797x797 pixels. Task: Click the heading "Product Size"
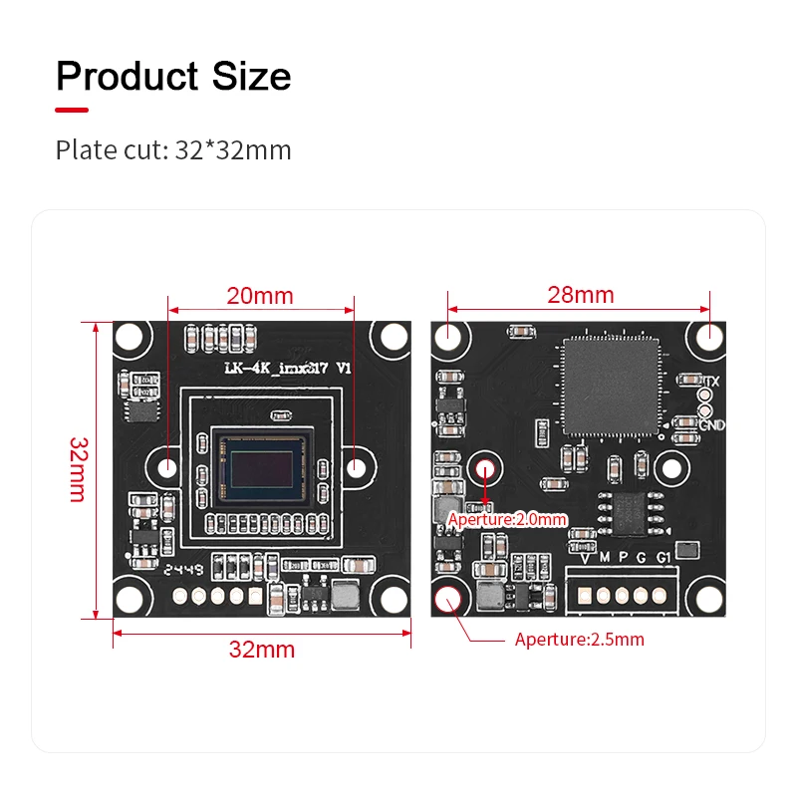pos(173,77)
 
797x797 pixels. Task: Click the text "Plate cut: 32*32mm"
pos(173,150)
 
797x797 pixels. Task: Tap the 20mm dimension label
pos(260,296)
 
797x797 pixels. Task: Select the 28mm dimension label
pos(581,295)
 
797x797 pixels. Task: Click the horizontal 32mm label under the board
pos(262,650)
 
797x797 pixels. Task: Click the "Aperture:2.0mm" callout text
pos(507,519)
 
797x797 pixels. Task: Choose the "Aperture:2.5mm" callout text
pos(579,640)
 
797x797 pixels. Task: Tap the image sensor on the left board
pos(262,466)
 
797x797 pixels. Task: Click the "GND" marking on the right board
pos(711,425)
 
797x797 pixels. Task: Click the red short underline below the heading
pos(72,110)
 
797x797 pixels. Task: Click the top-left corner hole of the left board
pos(132,340)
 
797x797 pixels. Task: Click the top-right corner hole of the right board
pos(709,336)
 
